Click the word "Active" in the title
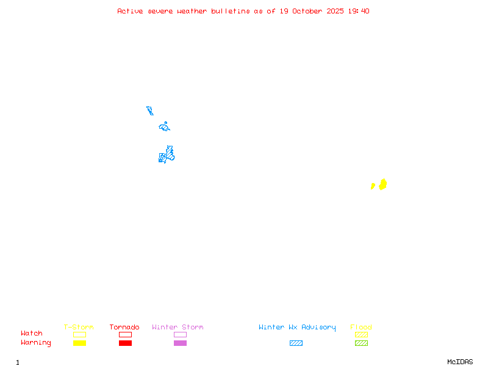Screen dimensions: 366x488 pyautogui.click(x=131, y=11)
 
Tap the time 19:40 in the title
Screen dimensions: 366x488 pyautogui.click(x=359, y=11)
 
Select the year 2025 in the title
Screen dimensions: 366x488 pyautogui.click(x=335, y=11)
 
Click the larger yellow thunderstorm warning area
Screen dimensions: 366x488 pyautogui.click(x=382, y=184)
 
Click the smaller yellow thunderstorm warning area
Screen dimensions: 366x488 pyautogui.click(x=373, y=186)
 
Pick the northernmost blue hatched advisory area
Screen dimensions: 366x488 pyautogui.click(x=149, y=110)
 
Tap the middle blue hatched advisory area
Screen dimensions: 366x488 pyautogui.click(x=164, y=127)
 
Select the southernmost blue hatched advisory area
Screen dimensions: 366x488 pyautogui.click(x=166, y=155)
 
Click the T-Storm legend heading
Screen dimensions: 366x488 pyautogui.click(x=79, y=327)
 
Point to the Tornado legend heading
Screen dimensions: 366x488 pyautogui.click(x=124, y=327)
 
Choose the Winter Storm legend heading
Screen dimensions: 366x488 pyautogui.click(x=178, y=327)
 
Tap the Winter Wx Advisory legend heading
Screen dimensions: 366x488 pyautogui.click(x=297, y=327)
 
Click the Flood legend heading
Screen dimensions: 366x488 pyautogui.click(x=361, y=327)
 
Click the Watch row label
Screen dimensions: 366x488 pyautogui.click(x=32, y=334)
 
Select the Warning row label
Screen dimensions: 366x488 pyautogui.click(x=36, y=343)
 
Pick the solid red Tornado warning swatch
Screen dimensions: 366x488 pyautogui.click(x=125, y=343)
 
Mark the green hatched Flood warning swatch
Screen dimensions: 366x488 pyautogui.click(x=361, y=343)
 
